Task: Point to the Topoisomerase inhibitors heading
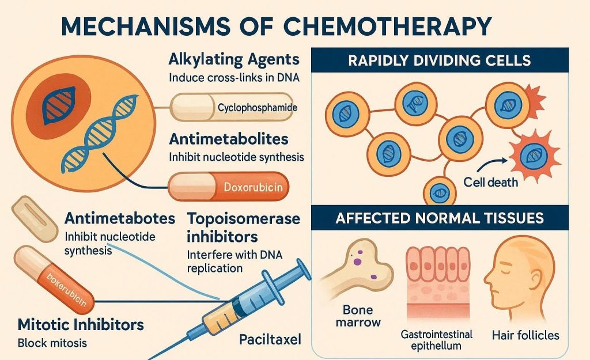point(244,228)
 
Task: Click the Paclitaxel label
point(270,339)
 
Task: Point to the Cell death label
point(490,183)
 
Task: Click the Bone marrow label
point(358,316)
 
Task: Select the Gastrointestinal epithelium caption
point(436,340)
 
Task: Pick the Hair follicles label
point(525,334)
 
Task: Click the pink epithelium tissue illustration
point(437,276)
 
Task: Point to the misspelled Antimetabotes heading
point(120,219)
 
